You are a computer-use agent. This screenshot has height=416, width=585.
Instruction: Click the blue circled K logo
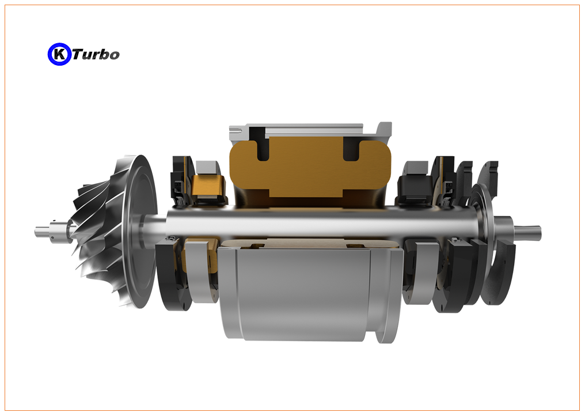[x=59, y=54]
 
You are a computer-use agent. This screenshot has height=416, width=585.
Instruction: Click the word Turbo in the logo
[x=96, y=55]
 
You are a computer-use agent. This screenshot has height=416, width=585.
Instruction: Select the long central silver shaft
[x=321, y=224]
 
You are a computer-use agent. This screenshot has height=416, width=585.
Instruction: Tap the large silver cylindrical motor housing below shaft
[x=310, y=293]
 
